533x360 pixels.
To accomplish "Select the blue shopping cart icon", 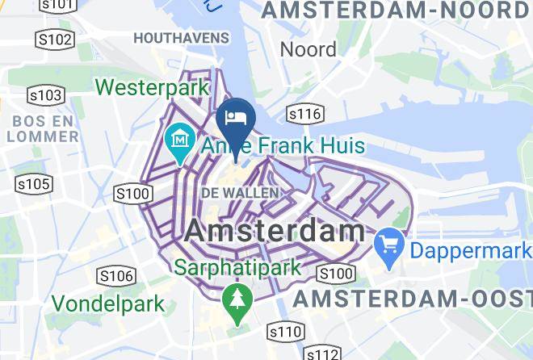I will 389,242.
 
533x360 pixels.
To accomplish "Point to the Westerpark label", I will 153,86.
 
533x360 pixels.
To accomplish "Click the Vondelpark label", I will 108,304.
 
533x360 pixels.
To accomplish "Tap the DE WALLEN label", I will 239,193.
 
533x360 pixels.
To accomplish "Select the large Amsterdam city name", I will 275,230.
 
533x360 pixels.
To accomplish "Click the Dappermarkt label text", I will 471,249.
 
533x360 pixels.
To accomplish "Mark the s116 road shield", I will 304,114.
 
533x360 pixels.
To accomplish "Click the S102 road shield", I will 55,39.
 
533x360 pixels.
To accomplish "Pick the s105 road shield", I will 34,185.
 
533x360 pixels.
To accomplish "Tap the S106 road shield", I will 115,276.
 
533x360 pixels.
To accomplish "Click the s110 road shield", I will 286,331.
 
